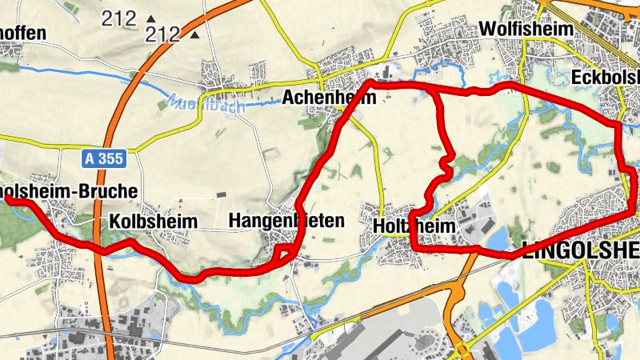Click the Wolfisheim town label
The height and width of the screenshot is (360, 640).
point(526,29)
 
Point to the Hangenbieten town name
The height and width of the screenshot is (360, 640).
point(286,220)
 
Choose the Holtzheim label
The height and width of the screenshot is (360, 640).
point(414,227)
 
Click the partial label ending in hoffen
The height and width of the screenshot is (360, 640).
point(24,34)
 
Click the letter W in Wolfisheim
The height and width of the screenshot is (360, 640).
point(486,29)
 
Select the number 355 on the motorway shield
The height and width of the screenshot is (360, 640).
point(112,159)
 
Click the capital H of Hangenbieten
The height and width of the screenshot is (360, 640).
point(235,220)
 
